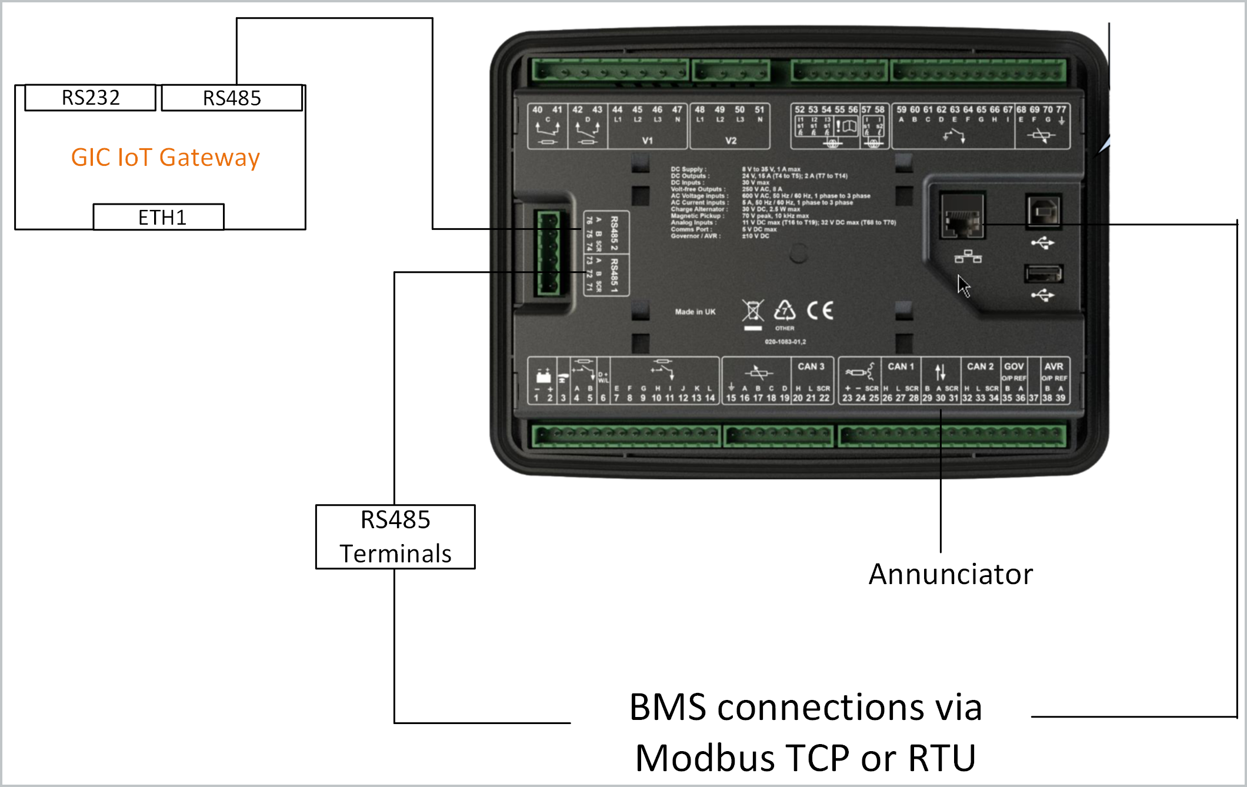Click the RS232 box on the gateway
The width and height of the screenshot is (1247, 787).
[91, 98]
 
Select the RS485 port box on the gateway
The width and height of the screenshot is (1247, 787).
[232, 98]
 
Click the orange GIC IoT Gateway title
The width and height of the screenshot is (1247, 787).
[165, 158]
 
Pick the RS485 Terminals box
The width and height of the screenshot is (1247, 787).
[395, 536]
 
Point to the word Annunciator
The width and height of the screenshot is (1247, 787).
[951, 575]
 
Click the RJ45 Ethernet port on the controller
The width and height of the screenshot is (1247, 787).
[962, 216]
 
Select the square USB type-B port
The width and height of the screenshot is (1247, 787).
[1043, 211]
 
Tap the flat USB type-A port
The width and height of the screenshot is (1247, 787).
[1043, 274]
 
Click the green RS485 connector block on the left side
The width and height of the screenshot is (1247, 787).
[548, 253]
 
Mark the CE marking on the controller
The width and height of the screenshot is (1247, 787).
[819, 310]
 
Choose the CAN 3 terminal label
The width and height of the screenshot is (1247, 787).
[811, 366]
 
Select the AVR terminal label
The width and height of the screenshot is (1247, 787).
[1053, 366]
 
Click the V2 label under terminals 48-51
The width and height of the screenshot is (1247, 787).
[731, 141]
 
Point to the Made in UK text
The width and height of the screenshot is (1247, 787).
[695, 312]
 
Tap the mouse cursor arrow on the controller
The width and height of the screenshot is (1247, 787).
[963, 286]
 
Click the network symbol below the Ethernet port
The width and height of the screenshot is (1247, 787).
[968, 256]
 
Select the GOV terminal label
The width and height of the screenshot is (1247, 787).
[1013, 366]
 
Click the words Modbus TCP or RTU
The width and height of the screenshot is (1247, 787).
[806, 758]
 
